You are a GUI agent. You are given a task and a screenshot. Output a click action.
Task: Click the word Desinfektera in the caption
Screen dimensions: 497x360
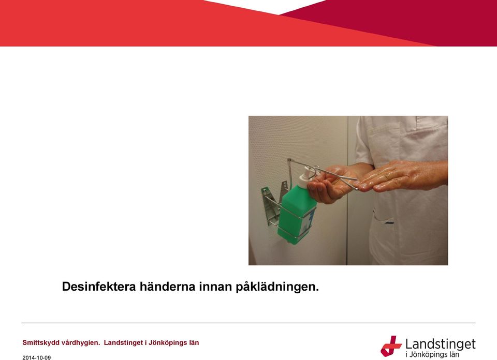click(99, 287)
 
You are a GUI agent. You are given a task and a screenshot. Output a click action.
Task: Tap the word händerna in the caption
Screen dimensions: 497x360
click(167, 287)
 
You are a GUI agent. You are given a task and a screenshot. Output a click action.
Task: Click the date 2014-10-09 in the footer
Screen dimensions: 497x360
click(36, 358)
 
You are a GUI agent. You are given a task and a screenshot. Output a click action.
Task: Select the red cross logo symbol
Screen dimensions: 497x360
click(391, 346)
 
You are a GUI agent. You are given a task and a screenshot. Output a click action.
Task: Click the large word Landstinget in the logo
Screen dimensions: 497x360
click(441, 344)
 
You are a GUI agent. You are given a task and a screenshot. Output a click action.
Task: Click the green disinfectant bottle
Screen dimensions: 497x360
click(296, 214)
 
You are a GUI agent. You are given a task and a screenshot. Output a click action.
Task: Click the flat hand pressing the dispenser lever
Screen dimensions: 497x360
click(403, 176)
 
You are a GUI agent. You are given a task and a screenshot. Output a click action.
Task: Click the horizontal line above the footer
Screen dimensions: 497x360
click(248, 323)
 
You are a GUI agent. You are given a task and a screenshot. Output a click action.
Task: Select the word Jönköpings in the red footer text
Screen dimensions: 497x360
click(169, 343)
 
